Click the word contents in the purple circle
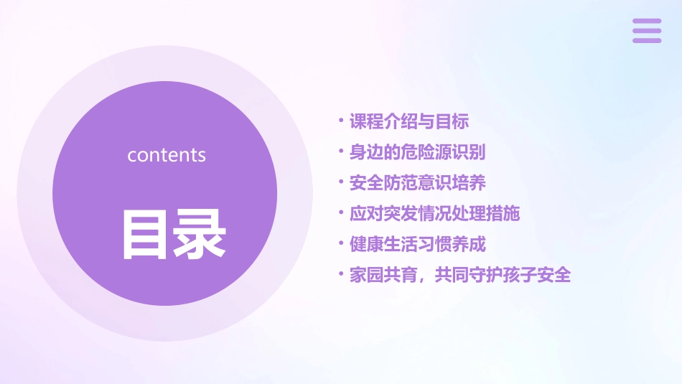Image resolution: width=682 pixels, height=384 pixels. pos(167,155)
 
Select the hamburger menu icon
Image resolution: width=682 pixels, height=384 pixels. pos(646,31)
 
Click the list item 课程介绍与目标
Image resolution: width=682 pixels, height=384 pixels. pos(409,122)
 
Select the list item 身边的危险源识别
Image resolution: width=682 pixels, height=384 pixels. pos(417,152)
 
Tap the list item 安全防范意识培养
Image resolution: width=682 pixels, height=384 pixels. pos(417,183)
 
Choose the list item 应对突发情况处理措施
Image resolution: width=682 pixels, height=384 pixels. pos(434,213)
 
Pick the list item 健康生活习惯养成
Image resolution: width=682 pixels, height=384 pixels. pos(417,244)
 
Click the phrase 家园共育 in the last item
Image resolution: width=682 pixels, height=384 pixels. pos(383,275)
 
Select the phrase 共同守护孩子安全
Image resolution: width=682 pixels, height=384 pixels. pos(503,275)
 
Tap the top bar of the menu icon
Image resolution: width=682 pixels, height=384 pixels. pos(646,22)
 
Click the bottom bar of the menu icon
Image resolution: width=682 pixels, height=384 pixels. pos(646,40)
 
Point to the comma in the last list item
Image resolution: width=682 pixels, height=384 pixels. pos(422,279)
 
